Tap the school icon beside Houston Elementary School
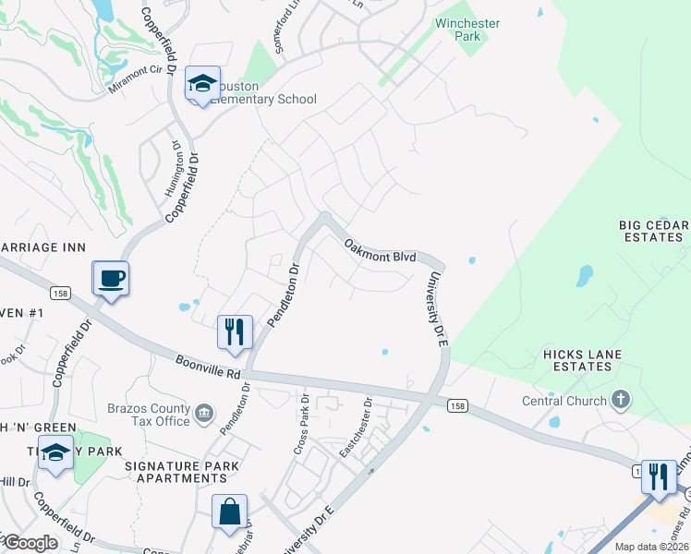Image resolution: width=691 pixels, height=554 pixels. [202, 85]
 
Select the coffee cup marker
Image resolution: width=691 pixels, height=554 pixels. [111, 279]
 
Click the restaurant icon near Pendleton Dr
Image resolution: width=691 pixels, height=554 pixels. [235, 332]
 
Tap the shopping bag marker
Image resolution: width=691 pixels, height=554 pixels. [229, 513]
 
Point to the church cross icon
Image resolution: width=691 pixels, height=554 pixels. [621, 400]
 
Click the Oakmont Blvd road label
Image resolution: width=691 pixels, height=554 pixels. [380, 250]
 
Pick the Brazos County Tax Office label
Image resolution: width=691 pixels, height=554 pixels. [142, 415]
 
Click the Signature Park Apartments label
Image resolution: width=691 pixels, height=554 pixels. [182, 472]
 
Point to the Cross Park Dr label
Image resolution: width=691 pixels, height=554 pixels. [301, 424]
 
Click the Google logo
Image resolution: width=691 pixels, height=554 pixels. [30, 543]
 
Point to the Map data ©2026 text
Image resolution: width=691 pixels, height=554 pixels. [651, 547]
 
